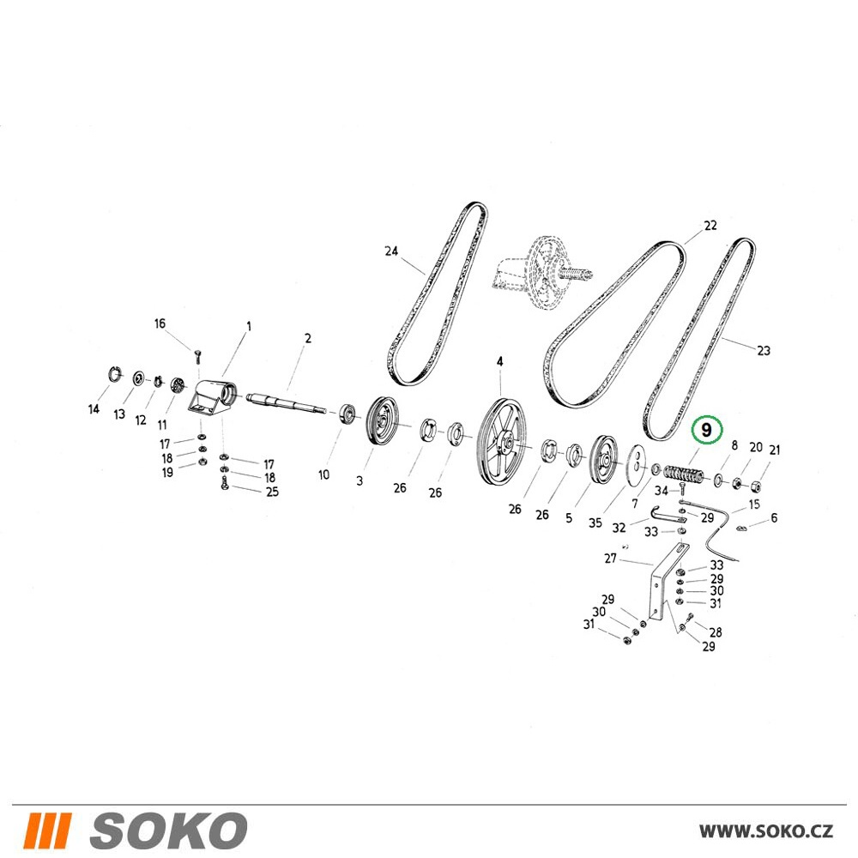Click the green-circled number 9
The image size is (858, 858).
706,430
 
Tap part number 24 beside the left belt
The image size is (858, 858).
391,251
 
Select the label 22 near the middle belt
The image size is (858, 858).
710,226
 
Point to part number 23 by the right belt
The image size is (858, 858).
764,350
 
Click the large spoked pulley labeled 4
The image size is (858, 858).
500,441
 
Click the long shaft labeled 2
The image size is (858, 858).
287,402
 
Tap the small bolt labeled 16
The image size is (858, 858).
197,357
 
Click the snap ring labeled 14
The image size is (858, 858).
113,375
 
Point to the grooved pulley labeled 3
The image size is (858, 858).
383,420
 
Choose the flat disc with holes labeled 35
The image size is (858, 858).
634,464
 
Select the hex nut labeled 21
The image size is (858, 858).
756,486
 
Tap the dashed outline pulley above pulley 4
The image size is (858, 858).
541,274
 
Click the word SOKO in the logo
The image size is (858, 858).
168,831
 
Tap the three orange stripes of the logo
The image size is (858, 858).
47,831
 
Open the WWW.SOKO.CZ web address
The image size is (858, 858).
766,831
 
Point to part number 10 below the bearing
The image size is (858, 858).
324,474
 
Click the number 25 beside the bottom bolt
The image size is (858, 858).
272,492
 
